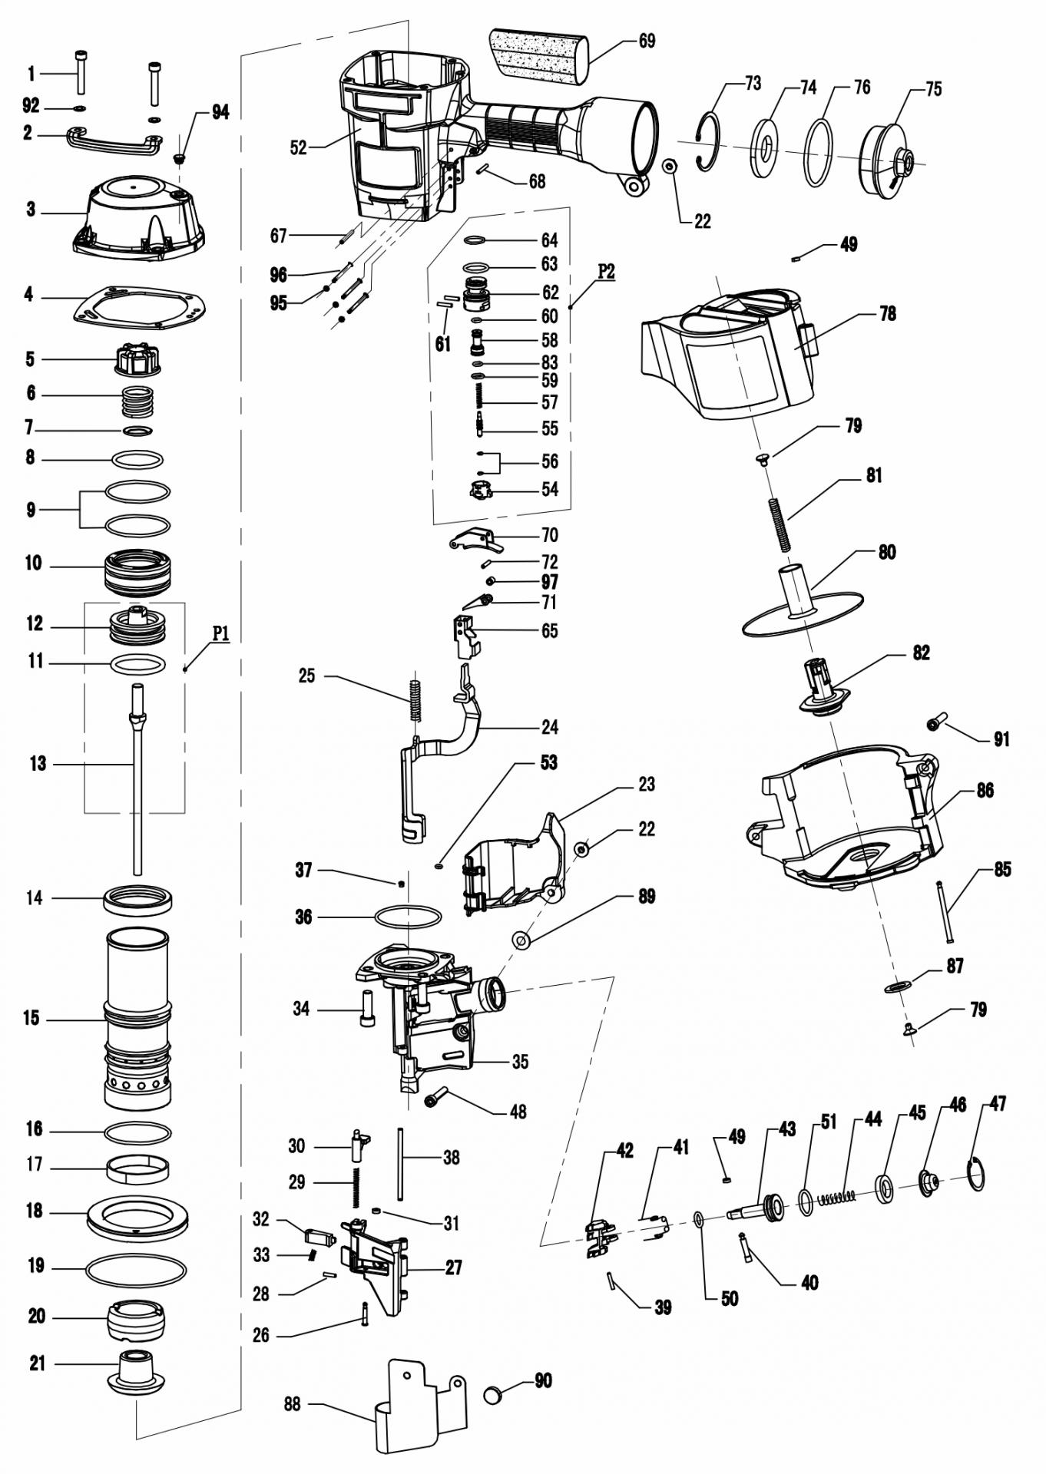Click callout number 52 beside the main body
coord(298,147)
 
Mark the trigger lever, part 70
coord(476,540)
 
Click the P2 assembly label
coord(606,273)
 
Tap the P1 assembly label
coord(221,633)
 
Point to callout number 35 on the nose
coord(520,1062)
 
